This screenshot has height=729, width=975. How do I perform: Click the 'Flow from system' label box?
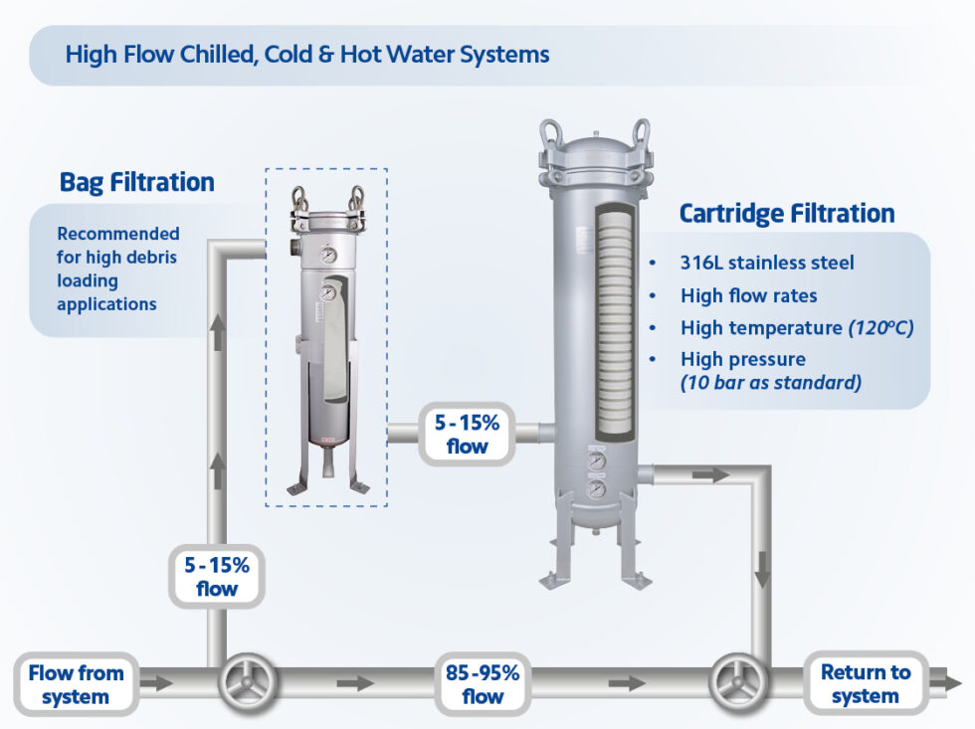76,684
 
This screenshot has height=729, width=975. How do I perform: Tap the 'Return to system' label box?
865,684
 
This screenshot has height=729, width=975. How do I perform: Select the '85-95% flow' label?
483,684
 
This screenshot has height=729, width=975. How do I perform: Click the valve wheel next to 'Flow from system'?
244,683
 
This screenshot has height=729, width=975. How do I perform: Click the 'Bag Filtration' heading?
136,183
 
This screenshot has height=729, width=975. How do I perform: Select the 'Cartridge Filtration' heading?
786,214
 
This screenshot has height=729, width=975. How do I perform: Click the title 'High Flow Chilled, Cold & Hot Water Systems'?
306,54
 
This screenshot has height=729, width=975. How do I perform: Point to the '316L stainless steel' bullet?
767,264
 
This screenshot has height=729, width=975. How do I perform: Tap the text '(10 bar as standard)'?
770,382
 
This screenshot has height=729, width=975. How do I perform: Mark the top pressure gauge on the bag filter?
327,255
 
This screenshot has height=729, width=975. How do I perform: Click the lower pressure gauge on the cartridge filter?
596,490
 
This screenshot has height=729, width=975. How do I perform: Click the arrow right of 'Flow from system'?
156,683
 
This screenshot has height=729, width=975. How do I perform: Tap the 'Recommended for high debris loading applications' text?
117,269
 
